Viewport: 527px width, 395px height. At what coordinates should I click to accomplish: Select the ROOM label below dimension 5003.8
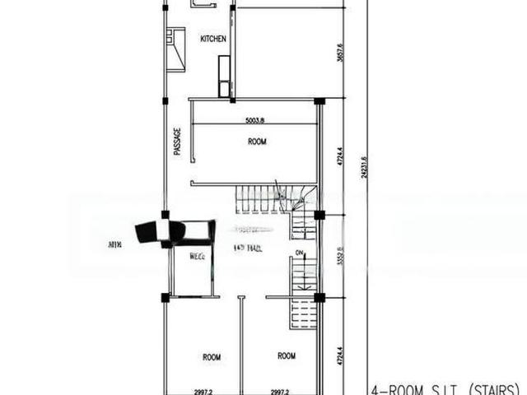[257, 142]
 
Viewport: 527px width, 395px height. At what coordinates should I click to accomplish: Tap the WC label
[198, 256]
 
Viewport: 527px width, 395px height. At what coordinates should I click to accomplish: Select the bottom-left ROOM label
[212, 356]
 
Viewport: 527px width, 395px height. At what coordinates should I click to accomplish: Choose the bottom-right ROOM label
[286, 356]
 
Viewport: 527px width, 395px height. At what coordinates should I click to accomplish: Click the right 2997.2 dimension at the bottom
[284, 392]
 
